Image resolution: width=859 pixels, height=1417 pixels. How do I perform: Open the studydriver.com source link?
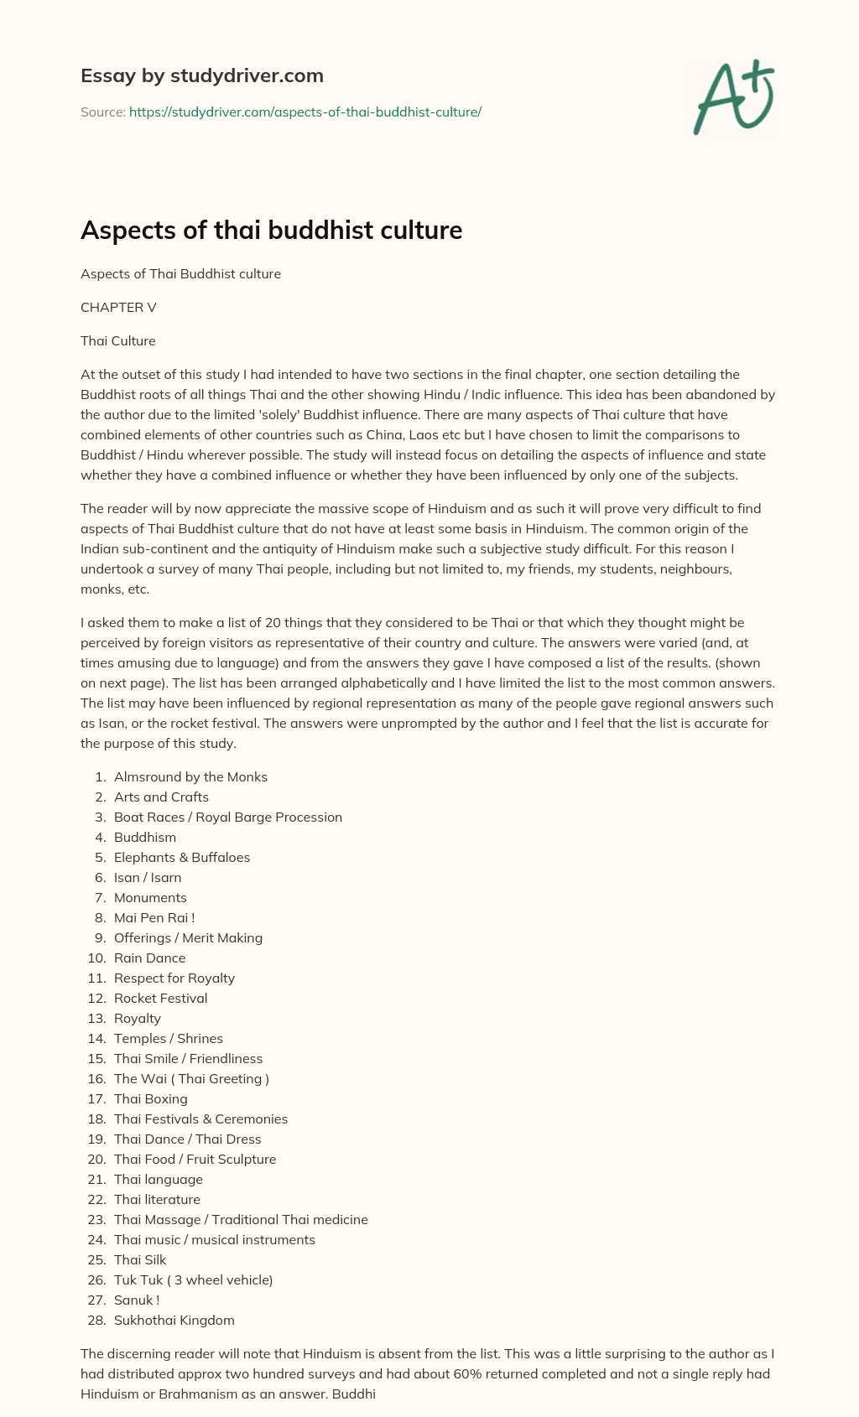(305, 112)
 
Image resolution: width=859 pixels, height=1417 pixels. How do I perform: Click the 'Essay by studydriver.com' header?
(202, 75)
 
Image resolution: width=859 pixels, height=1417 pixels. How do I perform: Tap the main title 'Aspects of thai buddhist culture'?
(271, 230)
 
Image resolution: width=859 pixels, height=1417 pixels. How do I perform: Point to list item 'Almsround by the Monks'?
(190, 776)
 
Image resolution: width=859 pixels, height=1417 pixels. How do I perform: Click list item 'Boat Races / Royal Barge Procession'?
(228, 817)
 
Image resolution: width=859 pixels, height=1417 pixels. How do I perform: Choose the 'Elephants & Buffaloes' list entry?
(182, 857)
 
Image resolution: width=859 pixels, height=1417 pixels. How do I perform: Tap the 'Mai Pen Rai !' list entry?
(154, 917)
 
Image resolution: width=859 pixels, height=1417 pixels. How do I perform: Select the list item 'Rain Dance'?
(149, 958)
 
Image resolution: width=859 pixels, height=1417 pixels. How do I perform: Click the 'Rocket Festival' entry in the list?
(160, 998)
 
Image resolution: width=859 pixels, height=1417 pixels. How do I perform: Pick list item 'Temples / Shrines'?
(169, 1038)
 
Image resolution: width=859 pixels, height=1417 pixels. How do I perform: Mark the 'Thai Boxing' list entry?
(151, 1098)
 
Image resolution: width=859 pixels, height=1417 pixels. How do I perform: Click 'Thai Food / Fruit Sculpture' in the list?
(195, 1159)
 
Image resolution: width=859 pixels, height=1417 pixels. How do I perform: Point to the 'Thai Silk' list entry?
(140, 1259)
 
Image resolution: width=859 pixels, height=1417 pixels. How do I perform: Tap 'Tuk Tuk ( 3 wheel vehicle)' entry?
(193, 1279)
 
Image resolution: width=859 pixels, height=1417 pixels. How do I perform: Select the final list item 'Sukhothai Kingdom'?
(174, 1320)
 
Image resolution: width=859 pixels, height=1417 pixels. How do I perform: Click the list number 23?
(96, 1219)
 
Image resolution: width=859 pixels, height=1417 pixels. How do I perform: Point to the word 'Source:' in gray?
(102, 112)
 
